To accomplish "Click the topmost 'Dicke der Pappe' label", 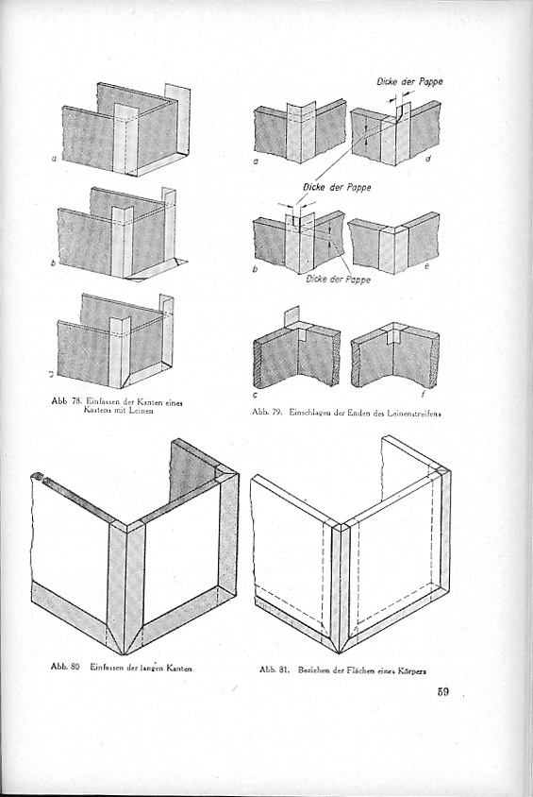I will (x=409, y=81).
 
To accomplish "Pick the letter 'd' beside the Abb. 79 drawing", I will (x=428, y=160).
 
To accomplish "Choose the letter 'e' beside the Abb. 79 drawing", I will (x=427, y=267).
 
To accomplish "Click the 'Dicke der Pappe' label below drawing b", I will (x=338, y=280).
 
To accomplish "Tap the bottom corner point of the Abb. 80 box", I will (x=125, y=653).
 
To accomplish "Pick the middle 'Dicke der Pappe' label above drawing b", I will (x=336, y=187).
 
